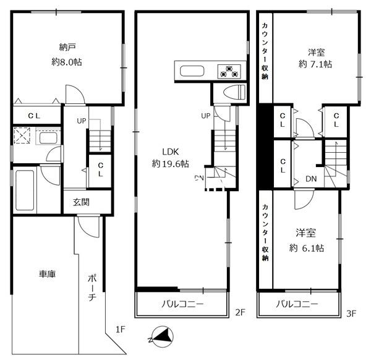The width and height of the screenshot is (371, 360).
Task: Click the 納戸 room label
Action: point(67,48)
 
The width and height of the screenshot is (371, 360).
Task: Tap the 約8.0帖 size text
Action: point(67,62)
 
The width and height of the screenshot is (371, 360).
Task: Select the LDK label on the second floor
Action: point(171,152)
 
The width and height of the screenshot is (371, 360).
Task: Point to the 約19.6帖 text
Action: point(171,163)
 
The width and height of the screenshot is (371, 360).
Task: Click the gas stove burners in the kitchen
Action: point(229,72)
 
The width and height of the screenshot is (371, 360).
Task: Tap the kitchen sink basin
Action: point(192,71)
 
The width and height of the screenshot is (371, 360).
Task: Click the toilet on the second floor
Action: point(234,92)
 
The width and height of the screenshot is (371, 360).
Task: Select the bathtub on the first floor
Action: point(25,190)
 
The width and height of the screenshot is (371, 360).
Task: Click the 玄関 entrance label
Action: point(81,202)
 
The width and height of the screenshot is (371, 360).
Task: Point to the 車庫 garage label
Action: point(48,274)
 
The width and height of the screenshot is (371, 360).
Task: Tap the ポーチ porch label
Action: point(92,288)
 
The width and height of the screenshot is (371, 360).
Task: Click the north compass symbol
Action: point(161,337)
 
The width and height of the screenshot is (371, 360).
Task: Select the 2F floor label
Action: point(240,312)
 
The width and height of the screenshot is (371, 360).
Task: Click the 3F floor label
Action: point(351,314)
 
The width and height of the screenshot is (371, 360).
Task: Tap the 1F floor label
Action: point(120,329)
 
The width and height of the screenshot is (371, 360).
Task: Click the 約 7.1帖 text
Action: point(315,64)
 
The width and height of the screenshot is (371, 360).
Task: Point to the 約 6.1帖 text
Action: point(307,248)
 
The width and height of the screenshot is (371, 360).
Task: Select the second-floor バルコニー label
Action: point(182,304)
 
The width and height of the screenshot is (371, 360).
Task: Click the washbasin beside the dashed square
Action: point(48,138)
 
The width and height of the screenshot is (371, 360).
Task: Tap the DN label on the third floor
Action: point(311,179)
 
